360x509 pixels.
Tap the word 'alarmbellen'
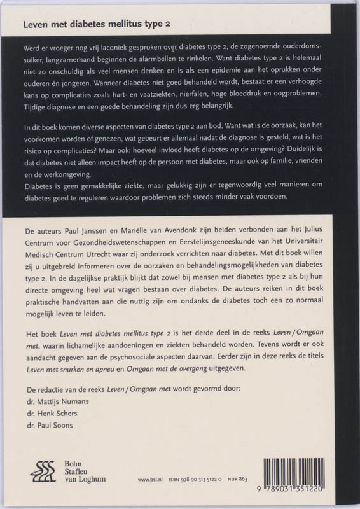coord(204,60)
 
